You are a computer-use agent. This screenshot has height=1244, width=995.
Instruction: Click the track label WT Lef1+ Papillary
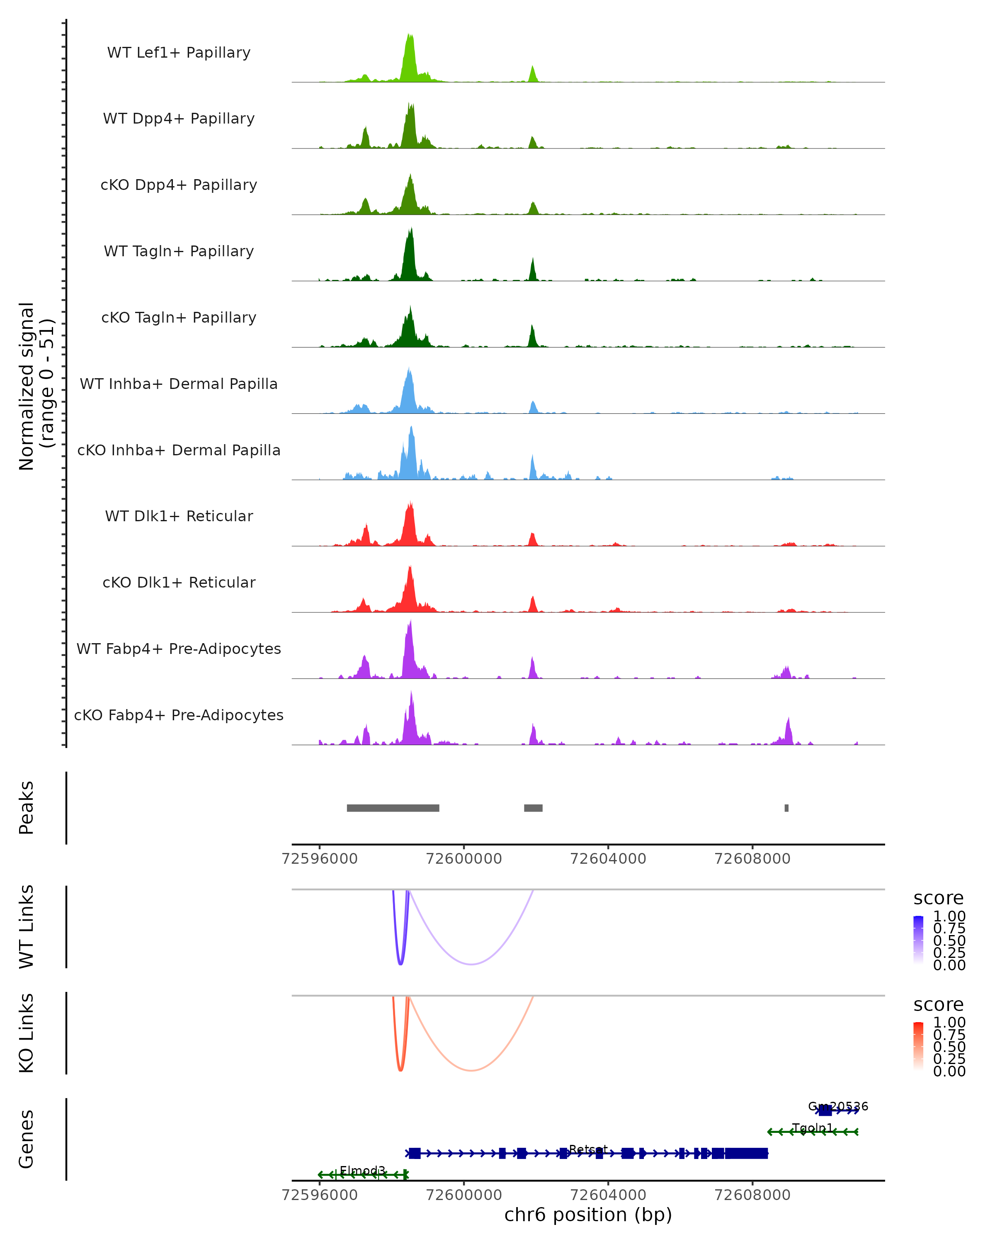pos(179,53)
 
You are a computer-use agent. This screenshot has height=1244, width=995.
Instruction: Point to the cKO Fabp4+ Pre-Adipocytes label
pos(179,715)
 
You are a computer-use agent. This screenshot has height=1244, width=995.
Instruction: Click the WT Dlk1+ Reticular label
pos(179,516)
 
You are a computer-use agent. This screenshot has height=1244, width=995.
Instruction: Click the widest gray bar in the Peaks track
pos(393,808)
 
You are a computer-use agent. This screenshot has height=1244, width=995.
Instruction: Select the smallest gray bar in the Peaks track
pos(786,808)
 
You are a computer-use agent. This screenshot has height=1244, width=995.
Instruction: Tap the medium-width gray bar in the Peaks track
pos(533,808)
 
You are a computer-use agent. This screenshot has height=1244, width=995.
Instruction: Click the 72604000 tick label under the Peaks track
pos(608,859)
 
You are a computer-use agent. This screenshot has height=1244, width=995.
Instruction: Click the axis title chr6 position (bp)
pos(588,1215)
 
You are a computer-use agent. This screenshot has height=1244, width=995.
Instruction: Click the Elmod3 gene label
pos(362,1170)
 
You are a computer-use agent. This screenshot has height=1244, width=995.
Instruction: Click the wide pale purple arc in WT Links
pos(471,964)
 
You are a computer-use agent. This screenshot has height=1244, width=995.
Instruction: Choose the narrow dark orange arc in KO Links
pos(400,1069)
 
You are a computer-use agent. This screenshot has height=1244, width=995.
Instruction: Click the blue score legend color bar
pos(918,940)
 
